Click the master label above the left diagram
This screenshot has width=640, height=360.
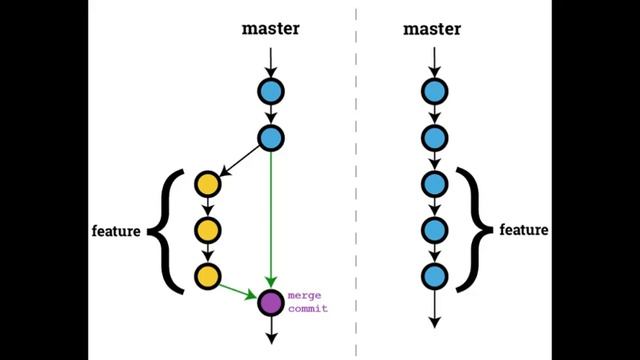tap(271, 29)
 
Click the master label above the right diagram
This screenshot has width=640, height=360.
tap(432, 29)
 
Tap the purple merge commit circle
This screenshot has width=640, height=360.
tap(271, 303)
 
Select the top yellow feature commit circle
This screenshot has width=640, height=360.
tap(208, 184)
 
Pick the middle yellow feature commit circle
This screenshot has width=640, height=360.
tap(208, 230)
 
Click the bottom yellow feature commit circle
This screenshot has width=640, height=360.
tap(208, 277)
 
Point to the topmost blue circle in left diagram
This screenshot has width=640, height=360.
tap(271, 91)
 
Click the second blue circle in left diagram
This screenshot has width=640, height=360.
tap(271, 138)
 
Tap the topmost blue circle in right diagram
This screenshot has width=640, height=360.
tap(435, 91)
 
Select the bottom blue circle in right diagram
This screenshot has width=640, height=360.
tap(435, 277)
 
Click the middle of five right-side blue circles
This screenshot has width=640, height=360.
tap(435, 184)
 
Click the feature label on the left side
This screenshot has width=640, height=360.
tap(116, 231)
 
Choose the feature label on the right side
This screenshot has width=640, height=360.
tap(524, 230)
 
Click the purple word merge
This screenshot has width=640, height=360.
tap(304, 296)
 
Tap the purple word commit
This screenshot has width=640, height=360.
tap(308, 308)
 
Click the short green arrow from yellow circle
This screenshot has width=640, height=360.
tap(238, 291)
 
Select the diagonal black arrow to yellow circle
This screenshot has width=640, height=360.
tap(240, 161)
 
